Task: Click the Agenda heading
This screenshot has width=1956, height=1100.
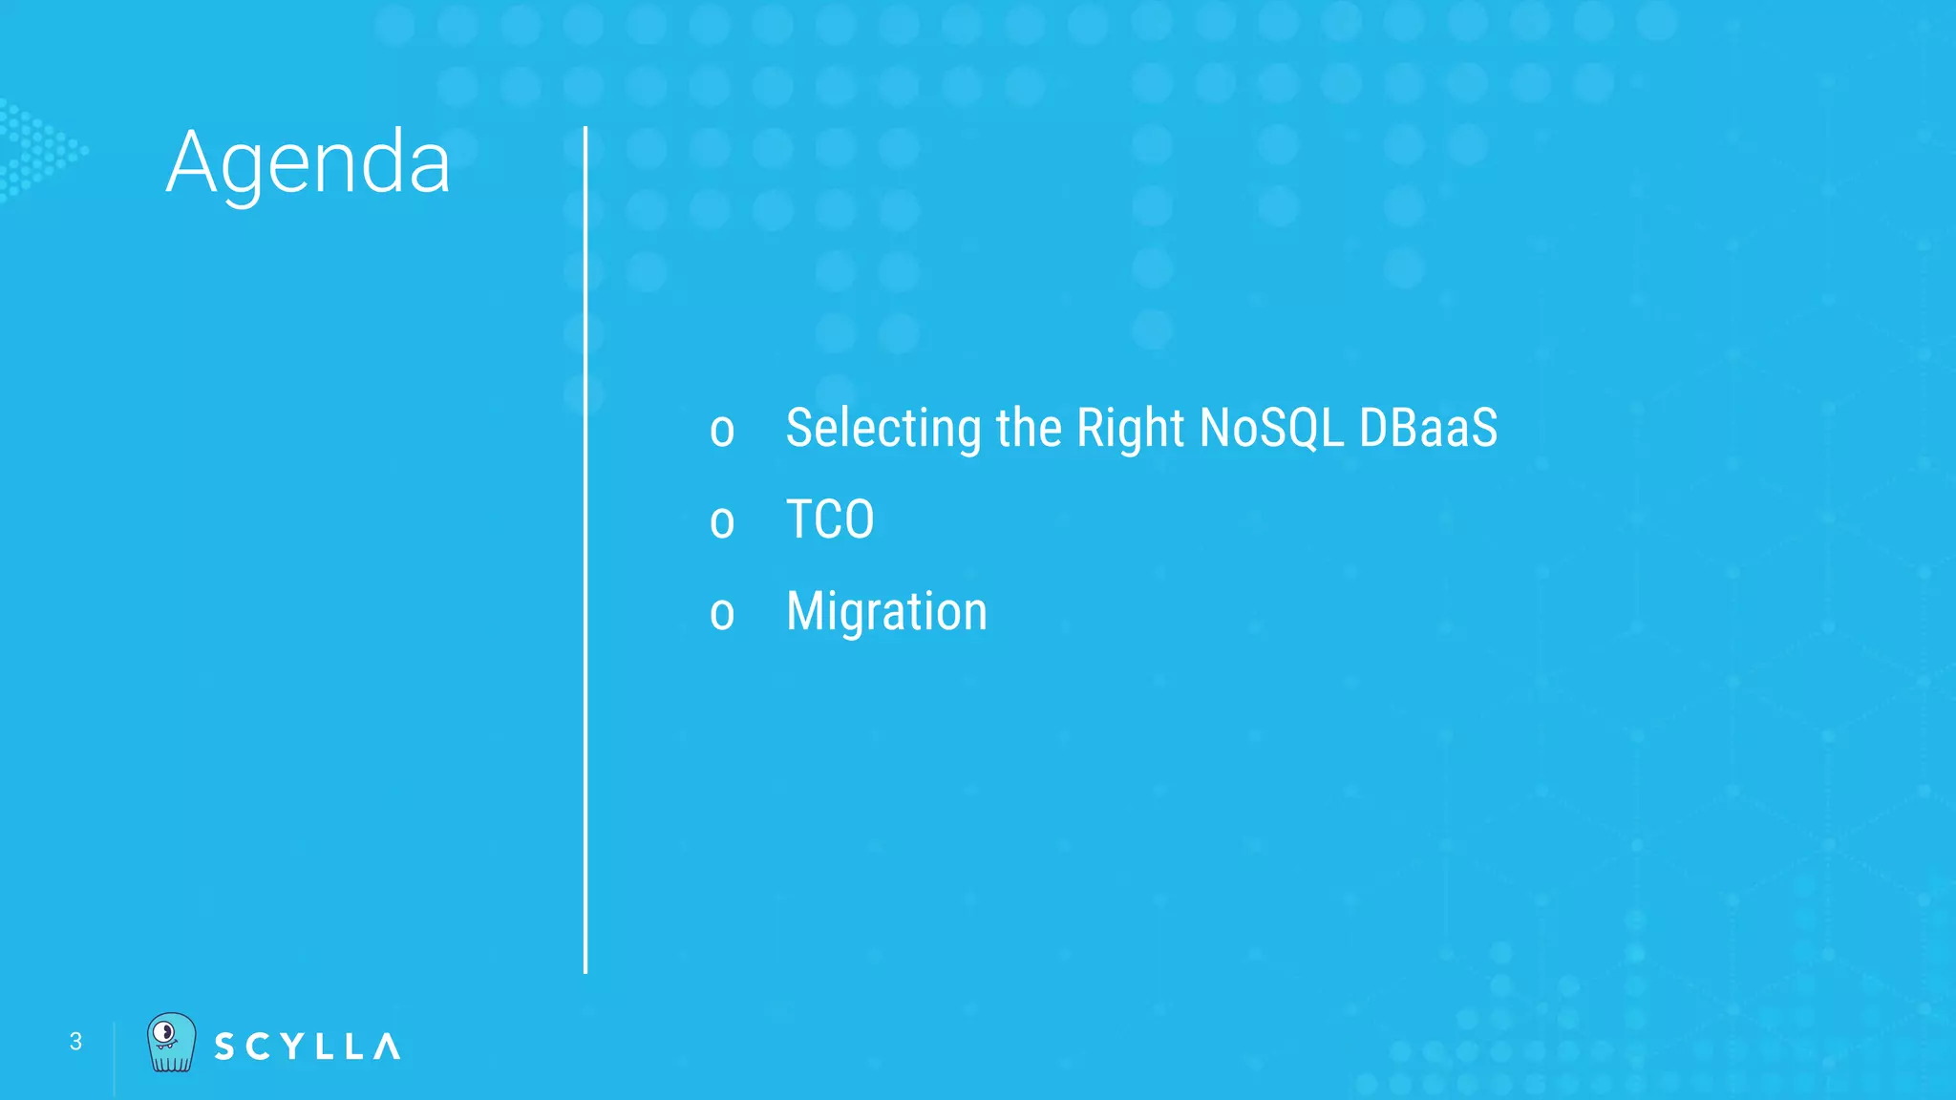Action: [308, 163]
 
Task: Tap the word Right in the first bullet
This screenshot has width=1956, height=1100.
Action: [1130, 428]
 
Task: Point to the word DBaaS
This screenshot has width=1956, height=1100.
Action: [1428, 428]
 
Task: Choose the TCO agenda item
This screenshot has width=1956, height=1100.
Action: [829, 519]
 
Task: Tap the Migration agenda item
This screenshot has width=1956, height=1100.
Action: [886, 611]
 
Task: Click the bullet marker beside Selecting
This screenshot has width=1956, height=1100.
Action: [722, 431]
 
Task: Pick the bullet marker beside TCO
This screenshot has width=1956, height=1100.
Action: [722, 522]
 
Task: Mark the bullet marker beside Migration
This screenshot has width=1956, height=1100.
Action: [722, 614]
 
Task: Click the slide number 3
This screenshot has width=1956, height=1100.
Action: [75, 1042]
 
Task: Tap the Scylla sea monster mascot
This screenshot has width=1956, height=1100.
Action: [171, 1043]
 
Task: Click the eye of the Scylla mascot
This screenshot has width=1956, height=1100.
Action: [164, 1032]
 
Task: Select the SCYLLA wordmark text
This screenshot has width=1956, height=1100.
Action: [307, 1047]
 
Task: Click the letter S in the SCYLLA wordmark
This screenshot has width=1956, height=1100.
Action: [224, 1047]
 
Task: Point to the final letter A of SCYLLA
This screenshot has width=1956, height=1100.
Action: [387, 1047]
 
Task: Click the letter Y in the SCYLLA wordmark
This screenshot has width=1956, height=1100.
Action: [289, 1047]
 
